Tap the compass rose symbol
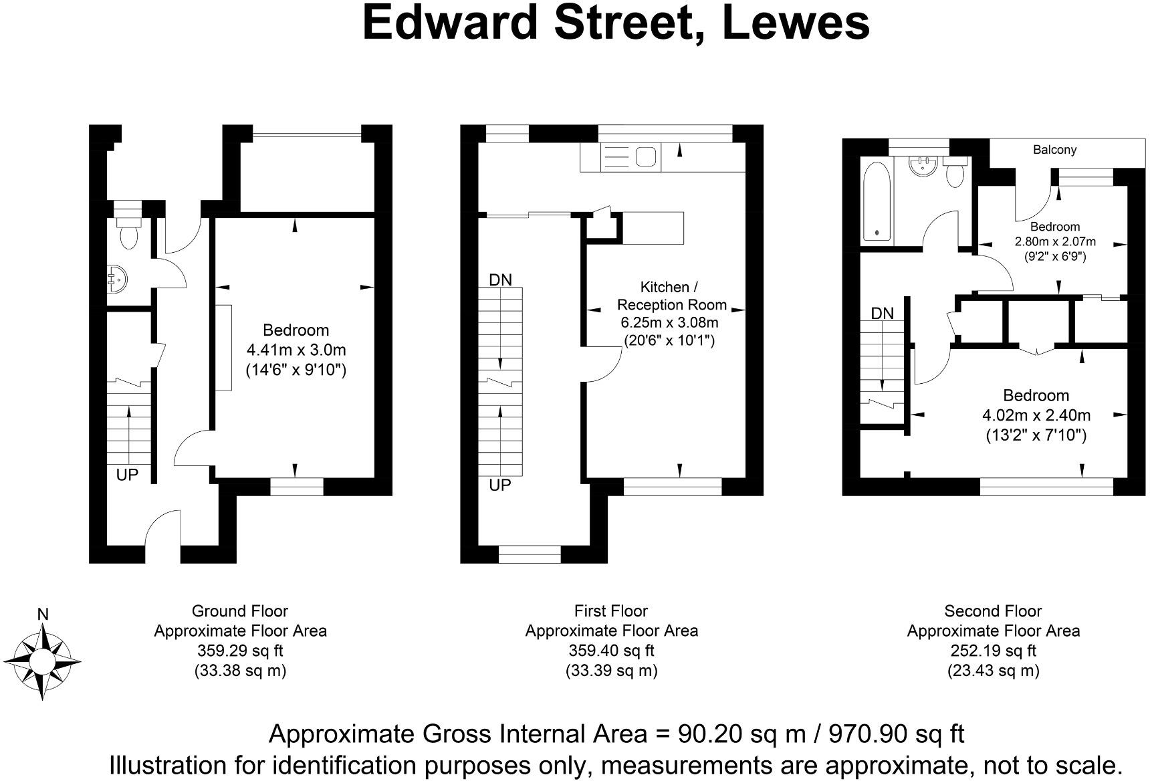tap(43, 661)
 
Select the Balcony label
tap(1054, 150)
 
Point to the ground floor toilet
tap(127, 230)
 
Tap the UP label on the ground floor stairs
tap(127, 475)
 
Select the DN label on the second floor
tap(882, 313)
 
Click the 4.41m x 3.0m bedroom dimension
tap(296, 350)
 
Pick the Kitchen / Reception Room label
tap(671, 296)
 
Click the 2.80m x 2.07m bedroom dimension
tap(1055, 241)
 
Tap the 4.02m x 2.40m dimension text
tap(1036, 415)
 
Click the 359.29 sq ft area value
tap(240, 651)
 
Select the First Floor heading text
tap(610, 611)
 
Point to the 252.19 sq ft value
tap(993, 651)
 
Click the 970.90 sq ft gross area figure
tap(896, 734)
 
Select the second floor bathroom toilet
tap(955, 175)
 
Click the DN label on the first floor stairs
tap(500, 280)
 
